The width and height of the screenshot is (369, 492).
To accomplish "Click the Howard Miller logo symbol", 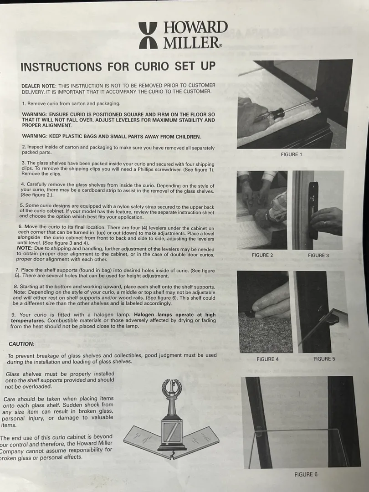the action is point(148,36).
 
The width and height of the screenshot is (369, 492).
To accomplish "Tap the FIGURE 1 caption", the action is point(291,154).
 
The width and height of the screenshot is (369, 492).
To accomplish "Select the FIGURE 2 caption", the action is point(262,255).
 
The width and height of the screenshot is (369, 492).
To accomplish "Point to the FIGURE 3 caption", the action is point(318,256).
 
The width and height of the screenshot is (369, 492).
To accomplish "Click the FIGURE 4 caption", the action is point(267,359).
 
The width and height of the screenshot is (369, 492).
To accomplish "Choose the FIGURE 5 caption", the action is point(324,359).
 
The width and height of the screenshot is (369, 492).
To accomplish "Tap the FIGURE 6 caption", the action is point(306,474).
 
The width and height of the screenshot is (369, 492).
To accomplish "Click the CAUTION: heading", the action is point(21,344).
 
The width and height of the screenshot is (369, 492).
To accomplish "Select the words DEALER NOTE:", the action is point(39,86).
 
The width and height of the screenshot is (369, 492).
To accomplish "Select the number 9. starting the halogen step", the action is point(14,315).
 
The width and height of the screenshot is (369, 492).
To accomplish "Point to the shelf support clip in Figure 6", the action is point(259,433).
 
